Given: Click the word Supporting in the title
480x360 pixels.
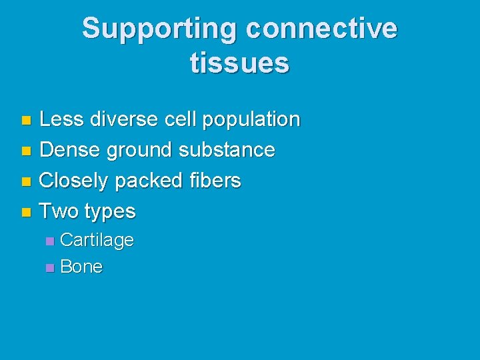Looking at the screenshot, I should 160,29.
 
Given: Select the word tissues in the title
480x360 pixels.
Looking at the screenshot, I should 239,63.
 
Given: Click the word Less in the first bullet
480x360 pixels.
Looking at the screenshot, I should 61,119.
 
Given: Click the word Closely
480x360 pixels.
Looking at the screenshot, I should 75,181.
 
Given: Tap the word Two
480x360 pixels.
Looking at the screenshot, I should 59,211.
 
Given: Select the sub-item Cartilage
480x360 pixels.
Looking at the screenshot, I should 97,240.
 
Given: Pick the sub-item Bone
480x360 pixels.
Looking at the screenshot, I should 81,267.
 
